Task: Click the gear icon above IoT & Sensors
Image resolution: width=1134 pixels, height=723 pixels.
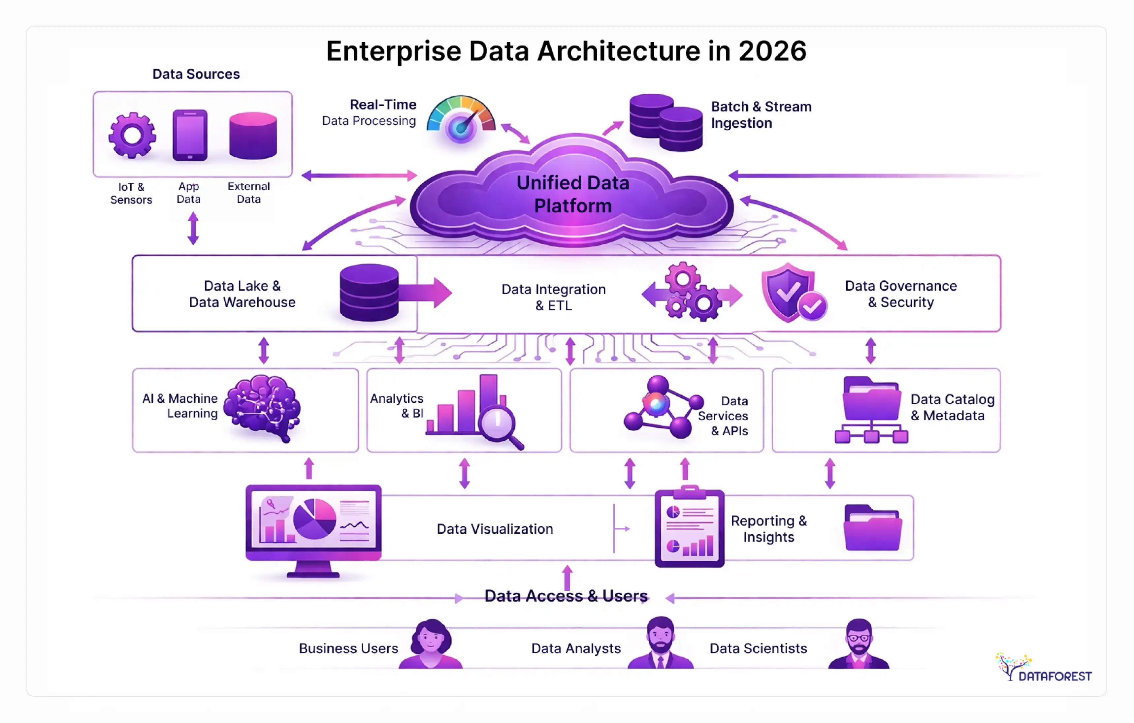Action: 132,135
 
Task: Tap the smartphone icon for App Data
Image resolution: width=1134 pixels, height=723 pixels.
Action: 190,135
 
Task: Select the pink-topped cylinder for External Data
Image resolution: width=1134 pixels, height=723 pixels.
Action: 253,136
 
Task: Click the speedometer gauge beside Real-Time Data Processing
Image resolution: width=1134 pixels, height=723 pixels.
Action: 461,120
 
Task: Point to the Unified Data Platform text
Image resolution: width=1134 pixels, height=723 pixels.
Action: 573,194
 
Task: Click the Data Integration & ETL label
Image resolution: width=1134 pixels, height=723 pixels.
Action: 553,297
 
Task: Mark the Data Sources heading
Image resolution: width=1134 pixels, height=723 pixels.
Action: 196,74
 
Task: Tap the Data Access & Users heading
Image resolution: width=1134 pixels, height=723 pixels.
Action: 566,596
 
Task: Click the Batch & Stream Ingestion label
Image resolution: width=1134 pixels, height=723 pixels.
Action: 761,115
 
